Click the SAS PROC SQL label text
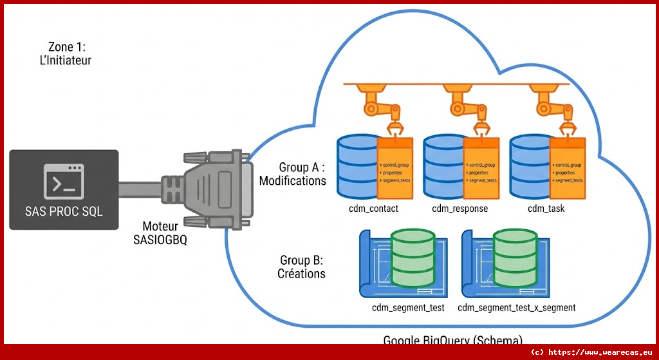tap(64, 211)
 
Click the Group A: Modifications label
tap(293, 174)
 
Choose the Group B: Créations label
tap(302, 267)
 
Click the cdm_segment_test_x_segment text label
tap(516, 307)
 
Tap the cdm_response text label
tap(459, 209)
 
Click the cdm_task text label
tap(546, 209)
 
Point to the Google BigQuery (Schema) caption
tap(453, 339)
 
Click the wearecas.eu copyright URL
tap(591, 352)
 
